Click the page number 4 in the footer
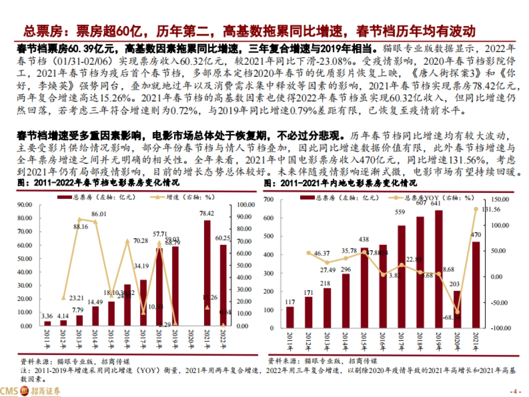point(513,392)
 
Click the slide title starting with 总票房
point(250,32)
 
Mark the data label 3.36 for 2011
point(47,316)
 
